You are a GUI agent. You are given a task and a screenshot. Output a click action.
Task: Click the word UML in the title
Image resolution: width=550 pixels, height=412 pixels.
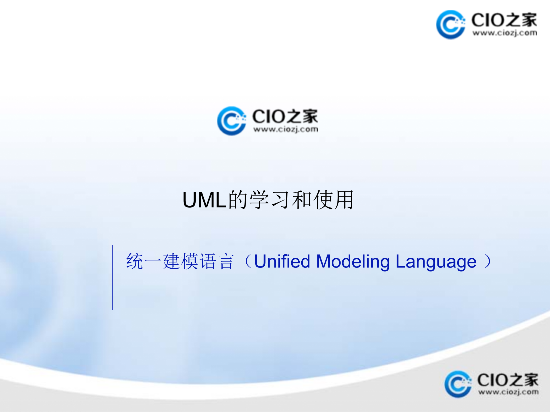pyautogui.click(x=205, y=200)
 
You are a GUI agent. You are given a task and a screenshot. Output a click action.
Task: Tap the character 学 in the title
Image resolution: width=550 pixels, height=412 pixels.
pyautogui.click(x=260, y=200)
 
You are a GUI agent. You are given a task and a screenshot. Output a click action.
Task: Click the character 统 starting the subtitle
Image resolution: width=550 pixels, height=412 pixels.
pyautogui.click(x=135, y=261)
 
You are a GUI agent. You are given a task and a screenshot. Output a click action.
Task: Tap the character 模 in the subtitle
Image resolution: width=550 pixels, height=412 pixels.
pyautogui.click(x=189, y=261)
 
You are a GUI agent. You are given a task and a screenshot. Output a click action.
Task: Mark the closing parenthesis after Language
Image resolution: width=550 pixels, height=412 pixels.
pyautogui.click(x=487, y=261)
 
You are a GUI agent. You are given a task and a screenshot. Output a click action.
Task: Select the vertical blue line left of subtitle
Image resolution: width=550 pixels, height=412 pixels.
pyautogui.click(x=112, y=278)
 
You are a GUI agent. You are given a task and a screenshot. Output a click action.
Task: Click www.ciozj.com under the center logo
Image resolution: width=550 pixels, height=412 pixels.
pyautogui.click(x=285, y=130)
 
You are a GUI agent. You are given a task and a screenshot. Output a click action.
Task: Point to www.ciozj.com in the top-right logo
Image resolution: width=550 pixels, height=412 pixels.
pyautogui.click(x=504, y=33)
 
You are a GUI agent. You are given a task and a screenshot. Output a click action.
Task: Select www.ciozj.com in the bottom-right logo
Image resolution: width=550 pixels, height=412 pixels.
pyautogui.click(x=508, y=392)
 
